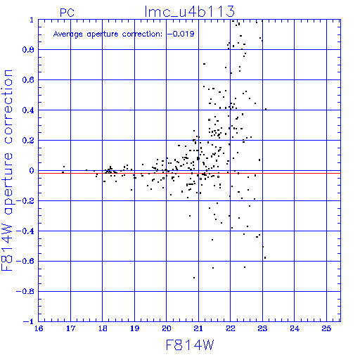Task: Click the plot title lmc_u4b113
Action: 190,11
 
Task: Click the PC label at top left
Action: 67,13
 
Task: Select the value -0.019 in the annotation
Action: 181,34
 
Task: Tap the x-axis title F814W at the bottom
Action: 190,345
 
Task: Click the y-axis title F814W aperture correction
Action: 7,170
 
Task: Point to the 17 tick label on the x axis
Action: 70,328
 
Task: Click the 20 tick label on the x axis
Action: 167,328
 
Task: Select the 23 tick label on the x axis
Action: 262,328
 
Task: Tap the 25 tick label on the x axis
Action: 326,328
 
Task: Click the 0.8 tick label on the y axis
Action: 28,50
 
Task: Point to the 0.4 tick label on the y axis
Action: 28,110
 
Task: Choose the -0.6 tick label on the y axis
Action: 25,261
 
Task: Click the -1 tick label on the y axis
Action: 29,321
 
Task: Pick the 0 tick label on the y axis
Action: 32,171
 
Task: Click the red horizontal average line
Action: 189,173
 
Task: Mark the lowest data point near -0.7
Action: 194,278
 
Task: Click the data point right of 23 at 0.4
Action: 266,109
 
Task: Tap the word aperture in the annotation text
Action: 103,34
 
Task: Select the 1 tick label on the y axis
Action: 32,20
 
